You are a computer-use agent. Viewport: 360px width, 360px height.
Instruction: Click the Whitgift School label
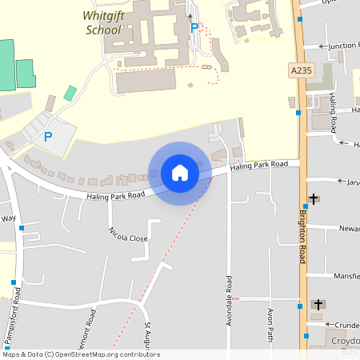(x=103, y=22)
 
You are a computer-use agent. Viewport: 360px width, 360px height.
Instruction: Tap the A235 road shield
(x=301, y=71)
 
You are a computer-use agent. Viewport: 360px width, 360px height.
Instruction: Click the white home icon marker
(x=179, y=172)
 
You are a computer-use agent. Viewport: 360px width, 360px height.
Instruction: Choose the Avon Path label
(x=271, y=322)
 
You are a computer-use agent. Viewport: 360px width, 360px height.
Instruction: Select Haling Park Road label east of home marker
(x=258, y=166)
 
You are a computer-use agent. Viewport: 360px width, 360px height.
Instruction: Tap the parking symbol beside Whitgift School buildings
(x=194, y=27)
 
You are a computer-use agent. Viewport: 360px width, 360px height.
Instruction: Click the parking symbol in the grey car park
(x=47, y=137)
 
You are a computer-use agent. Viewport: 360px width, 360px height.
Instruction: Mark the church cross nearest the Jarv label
(x=313, y=198)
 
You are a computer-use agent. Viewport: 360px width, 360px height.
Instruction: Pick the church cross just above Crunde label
(x=318, y=305)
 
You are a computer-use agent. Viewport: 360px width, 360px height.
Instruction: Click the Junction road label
(x=342, y=46)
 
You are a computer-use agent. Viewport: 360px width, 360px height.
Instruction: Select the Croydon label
(x=345, y=340)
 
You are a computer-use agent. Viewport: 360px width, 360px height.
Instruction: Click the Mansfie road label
(x=346, y=276)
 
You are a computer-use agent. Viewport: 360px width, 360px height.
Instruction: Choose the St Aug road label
(x=148, y=335)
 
